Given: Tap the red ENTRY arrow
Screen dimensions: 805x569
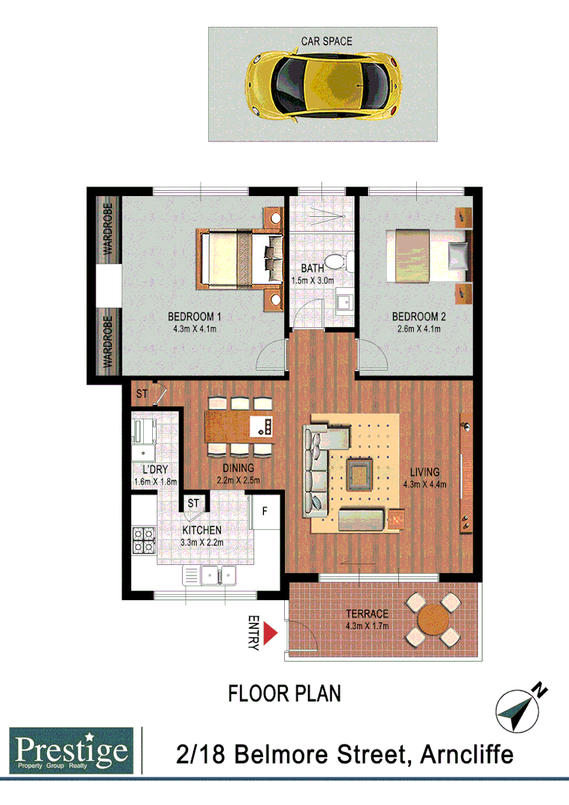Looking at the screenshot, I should [271, 634].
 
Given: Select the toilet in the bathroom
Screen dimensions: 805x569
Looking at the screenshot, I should [341, 261].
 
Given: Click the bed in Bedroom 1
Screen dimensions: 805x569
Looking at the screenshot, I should [237, 259].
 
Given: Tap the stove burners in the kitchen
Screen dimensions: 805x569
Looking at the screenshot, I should [142, 540].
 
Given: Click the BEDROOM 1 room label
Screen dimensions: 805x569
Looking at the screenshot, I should [194, 317].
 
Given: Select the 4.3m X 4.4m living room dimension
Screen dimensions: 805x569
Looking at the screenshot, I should [424, 484].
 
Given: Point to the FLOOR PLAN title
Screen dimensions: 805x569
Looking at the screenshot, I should [284, 694].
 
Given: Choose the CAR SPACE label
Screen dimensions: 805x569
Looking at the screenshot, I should [327, 41].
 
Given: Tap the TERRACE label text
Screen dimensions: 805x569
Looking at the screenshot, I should [367, 614].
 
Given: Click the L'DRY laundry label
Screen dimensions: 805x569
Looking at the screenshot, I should [155, 470].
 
